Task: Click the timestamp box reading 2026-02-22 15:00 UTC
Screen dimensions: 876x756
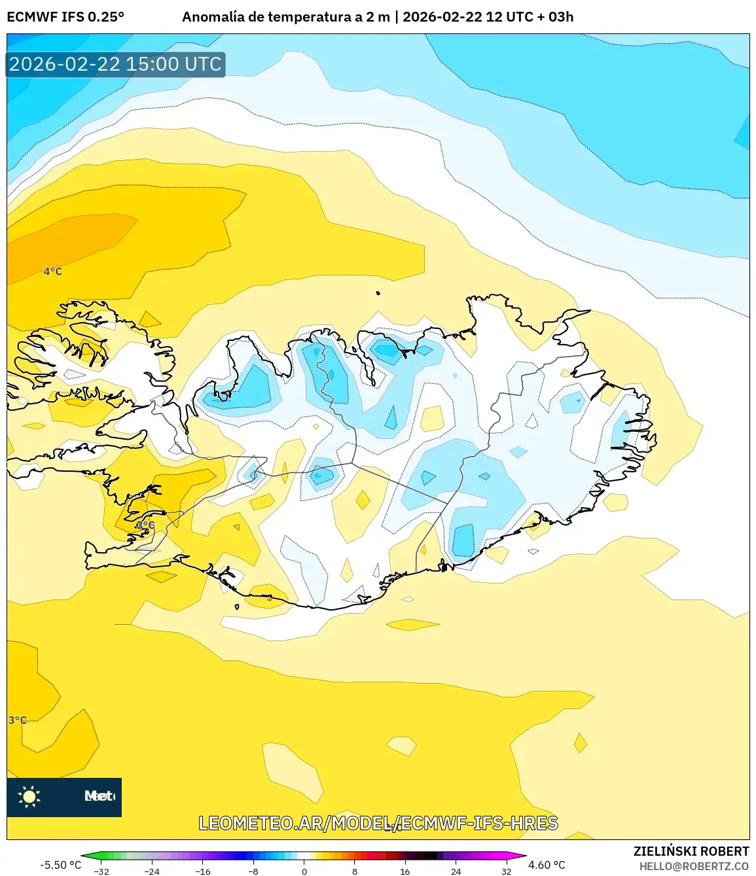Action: [115, 64]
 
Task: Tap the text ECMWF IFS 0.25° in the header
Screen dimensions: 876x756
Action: [65, 17]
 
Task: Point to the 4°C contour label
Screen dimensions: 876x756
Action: [53, 272]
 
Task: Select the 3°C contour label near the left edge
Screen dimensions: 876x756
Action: [18, 720]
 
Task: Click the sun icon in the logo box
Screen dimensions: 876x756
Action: [29, 796]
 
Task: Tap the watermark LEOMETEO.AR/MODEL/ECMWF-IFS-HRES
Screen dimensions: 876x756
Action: [378, 823]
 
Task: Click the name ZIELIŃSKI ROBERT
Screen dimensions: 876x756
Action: [691, 851]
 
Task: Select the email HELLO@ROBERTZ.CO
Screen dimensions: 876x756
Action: [694, 866]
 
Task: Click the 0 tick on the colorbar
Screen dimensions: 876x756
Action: [304, 871]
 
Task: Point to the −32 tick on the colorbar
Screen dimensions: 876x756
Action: [101, 871]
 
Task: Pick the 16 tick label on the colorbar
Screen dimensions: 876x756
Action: [405, 871]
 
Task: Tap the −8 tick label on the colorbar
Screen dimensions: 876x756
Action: [253, 871]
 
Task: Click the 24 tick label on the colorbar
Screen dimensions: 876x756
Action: [456, 871]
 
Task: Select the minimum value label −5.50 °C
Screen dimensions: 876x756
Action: [61, 865]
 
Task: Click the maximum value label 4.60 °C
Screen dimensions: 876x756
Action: [547, 865]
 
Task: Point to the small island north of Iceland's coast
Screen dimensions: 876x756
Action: [378, 293]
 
